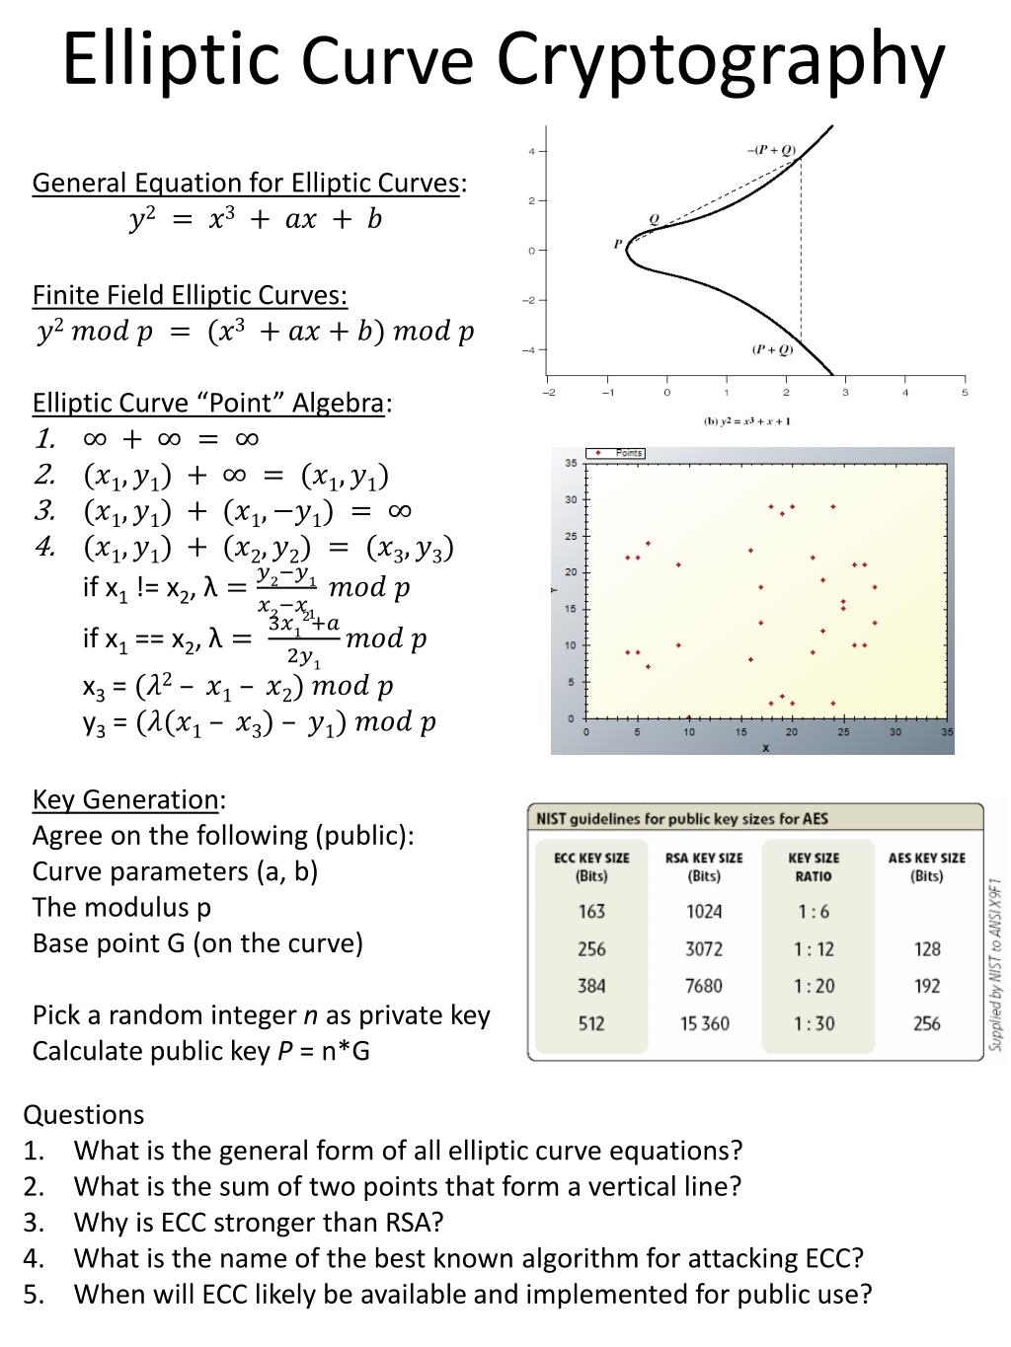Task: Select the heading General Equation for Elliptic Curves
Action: point(246,184)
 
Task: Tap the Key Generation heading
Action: point(125,798)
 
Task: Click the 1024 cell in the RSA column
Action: point(704,912)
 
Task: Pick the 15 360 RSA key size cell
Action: point(704,1023)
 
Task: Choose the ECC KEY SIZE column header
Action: point(591,866)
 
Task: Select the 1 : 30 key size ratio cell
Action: point(814,1023)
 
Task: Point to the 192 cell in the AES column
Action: point(926,986)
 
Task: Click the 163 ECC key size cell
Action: point(591,912)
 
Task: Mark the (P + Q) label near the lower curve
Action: point(772,349)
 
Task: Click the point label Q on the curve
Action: point(653,219)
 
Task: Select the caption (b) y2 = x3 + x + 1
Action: point(746,421)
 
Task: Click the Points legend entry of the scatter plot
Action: point(616,453)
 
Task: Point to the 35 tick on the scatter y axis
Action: point(571,463)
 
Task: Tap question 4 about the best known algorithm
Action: point(469,1258)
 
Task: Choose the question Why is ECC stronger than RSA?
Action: point(259,1223)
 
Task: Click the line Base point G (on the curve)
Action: point(197,943)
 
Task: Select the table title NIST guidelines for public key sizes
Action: point(682,818)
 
